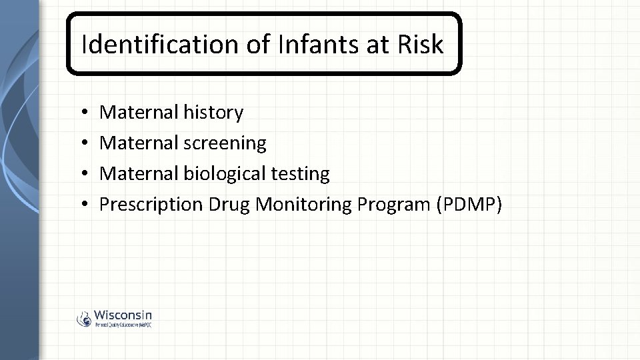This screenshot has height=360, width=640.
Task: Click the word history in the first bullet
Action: pyautogui.click(x=212, y=113)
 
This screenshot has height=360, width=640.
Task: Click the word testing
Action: pyautogui.click(x=300, y=174)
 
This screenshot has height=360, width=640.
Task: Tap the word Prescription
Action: pyautogui.click(x=151, y=205)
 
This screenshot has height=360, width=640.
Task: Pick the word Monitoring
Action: pyautogui.click(x=304, y=205)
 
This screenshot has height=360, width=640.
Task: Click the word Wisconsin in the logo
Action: pyautogui.click(x=123, y=315)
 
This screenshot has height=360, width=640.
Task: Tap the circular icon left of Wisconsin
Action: pyautogui.click(x=84, y=319)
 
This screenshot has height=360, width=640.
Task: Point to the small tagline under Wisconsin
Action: pyautogui.click(x=123, y=325)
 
